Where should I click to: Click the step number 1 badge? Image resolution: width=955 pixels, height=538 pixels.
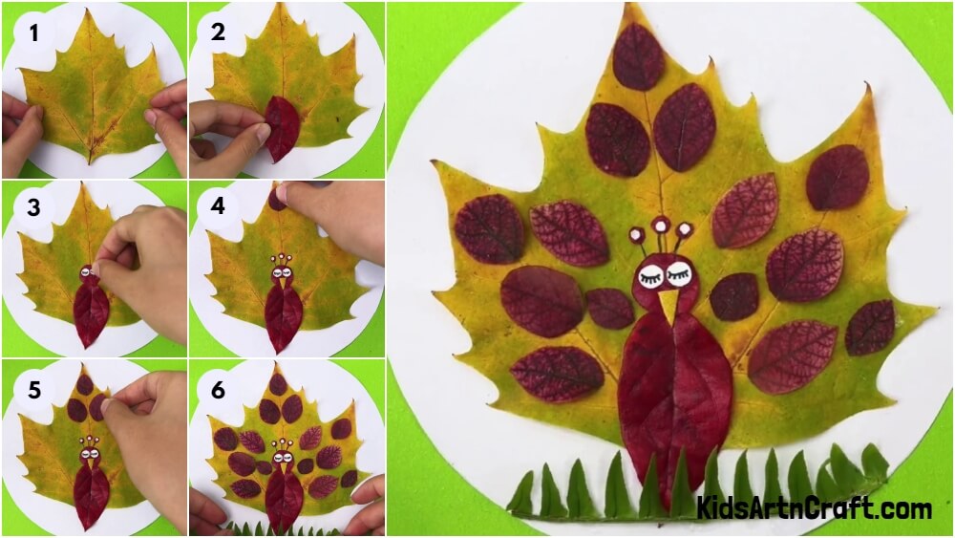click(x=35, y=34)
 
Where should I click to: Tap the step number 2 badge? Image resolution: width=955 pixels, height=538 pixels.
click(x=219, y=33)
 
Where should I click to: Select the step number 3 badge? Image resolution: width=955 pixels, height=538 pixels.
click(x=35, y=208)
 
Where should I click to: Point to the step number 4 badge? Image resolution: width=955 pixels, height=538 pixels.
click(x=219, y=208)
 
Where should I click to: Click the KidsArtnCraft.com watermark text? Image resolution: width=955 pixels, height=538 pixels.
click(x=814, y=507)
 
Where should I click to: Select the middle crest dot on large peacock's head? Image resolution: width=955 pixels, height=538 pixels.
click(x=660, y=226)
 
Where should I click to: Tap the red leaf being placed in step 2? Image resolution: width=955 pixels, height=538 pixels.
click(x=282, y=129)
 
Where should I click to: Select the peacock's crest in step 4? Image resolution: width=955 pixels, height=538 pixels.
click(x=282, y=258)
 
